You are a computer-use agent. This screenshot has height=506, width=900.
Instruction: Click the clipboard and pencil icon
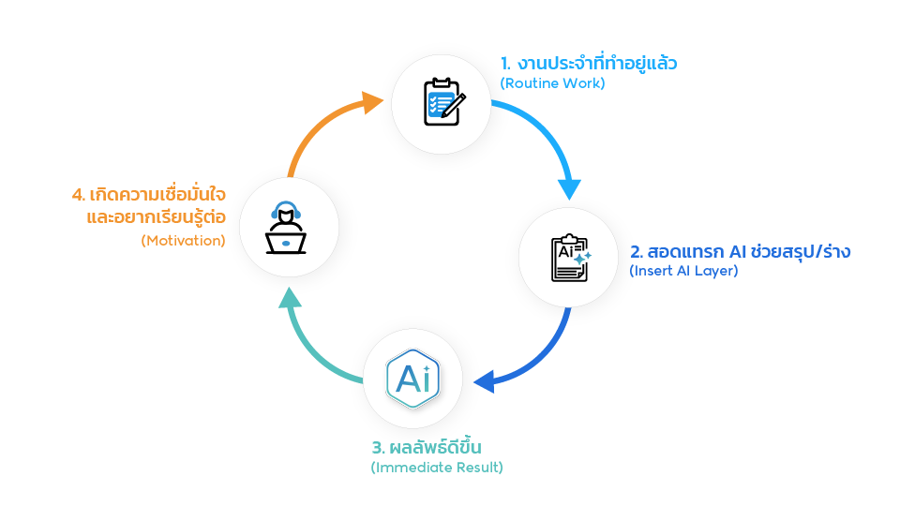pyautogui.click(x=440, y=103)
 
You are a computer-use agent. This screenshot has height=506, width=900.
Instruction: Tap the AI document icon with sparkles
pyautogui.click(x=569, y=258)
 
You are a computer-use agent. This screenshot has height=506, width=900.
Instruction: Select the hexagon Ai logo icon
pyautogui.click(x=413, y=379)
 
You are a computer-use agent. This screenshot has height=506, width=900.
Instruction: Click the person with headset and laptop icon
pyautogui.click(x=287, y=229)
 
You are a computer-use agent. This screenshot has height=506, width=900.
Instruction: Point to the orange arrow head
pyautogui.click(x=374, y=100)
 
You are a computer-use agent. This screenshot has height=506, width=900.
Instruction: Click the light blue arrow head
pyautogui.click(x=569, y=187)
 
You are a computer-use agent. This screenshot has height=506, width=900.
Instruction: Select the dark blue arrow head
pyautogui.click(x=485, y=381)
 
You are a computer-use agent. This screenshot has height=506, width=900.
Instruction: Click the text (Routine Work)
pyautogui.click(x=553, y=82)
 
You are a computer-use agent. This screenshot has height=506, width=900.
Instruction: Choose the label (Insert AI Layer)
pyautogui.click(x=683, y=271)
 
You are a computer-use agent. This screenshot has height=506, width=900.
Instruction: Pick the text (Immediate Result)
pyautogui.click(x=437, y=467)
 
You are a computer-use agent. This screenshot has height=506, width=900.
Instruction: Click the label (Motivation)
pyautogui.click(x=184, y=240)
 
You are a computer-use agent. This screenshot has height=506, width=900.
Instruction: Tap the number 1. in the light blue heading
pyautogui.click(x=505, y=64)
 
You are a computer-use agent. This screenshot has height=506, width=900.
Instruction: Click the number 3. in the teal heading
pyautogui.click(x=378, y=447)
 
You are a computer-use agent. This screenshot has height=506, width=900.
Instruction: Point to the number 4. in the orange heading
pyautogui.click(x=79, y=195)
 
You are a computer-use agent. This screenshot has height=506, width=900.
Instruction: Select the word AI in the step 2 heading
pyautogui.click(x=737, y=251)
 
